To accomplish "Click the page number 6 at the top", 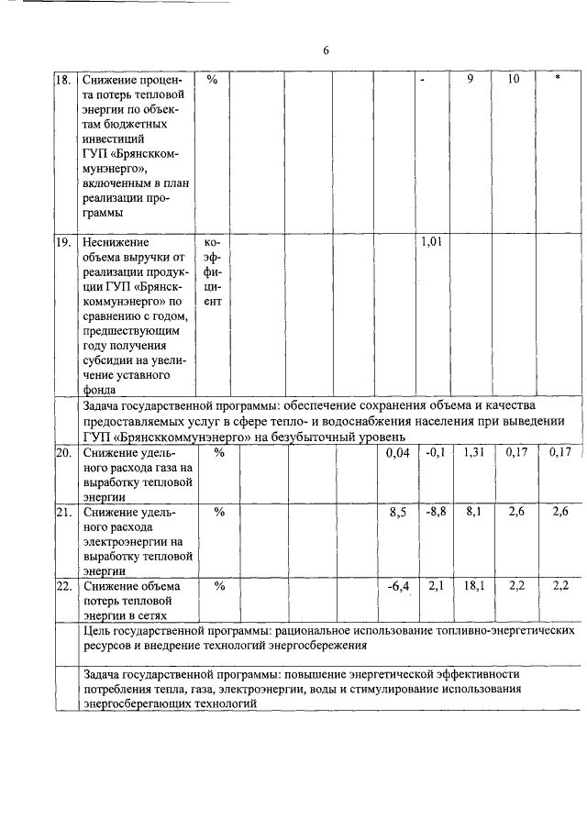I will coord(326,50).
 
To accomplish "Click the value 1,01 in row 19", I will coord(432,242).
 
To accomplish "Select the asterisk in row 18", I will coord(558,80).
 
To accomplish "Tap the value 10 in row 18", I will coord(514,80).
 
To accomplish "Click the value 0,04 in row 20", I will coord(395,452).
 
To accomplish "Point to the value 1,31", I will coord(472,452).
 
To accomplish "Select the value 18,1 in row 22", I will coord(472,586).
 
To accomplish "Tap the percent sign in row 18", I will coord(212,80).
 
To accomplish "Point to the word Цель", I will coord(96,631).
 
